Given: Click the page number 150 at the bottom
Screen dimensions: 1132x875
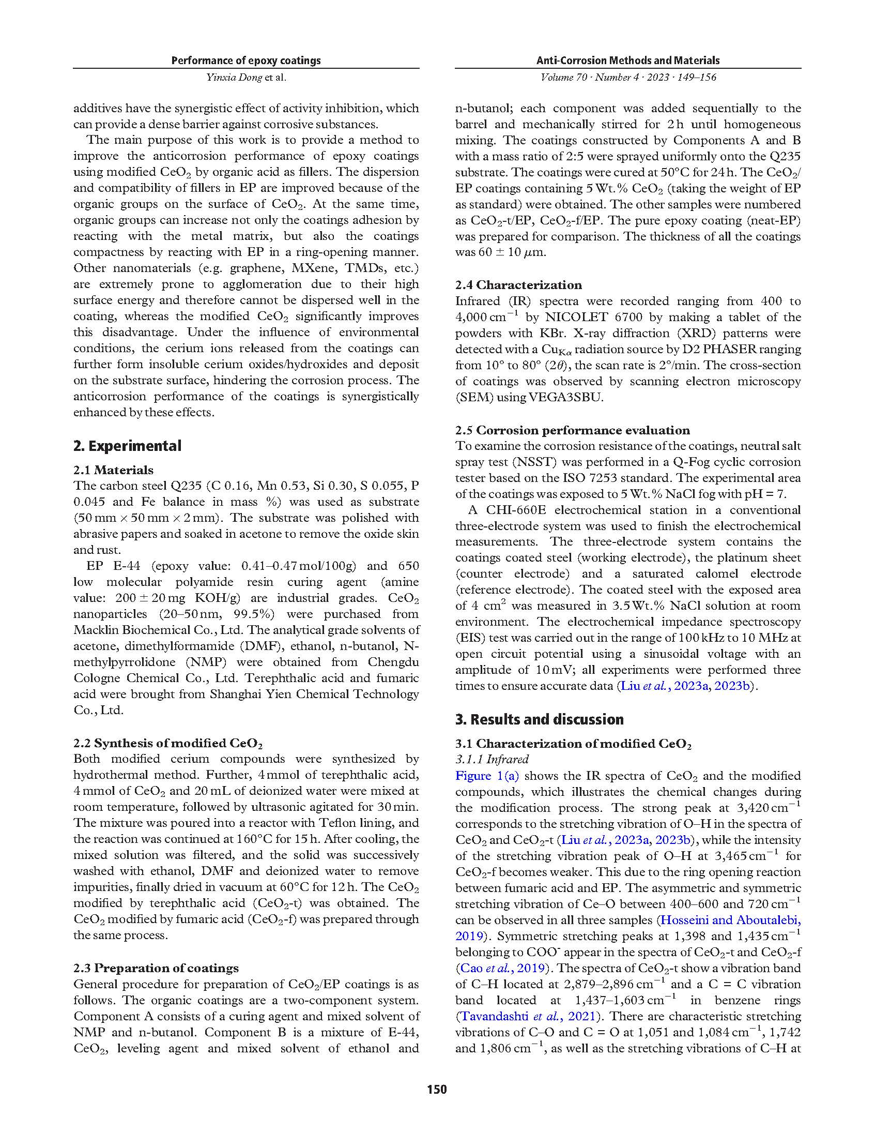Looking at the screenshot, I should click(437, 1089).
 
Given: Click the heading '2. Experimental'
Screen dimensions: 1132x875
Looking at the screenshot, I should click(128, 446).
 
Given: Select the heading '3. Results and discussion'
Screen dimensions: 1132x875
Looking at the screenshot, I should click(539, 719).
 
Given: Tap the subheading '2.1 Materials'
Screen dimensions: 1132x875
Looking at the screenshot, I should click(114, 470).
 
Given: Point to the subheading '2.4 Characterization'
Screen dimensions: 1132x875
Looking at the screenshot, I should click(518, 285).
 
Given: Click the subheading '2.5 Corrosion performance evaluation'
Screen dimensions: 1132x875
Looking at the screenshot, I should click(573, 430).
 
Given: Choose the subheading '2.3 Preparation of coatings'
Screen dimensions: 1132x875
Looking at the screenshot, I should click(156, 968).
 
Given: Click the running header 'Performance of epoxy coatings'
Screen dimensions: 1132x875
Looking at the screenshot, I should click(246, 61).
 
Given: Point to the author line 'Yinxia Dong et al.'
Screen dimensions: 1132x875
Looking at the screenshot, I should click(246, 78).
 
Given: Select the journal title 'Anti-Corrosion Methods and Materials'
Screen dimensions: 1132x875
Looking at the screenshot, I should click(628, 61).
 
